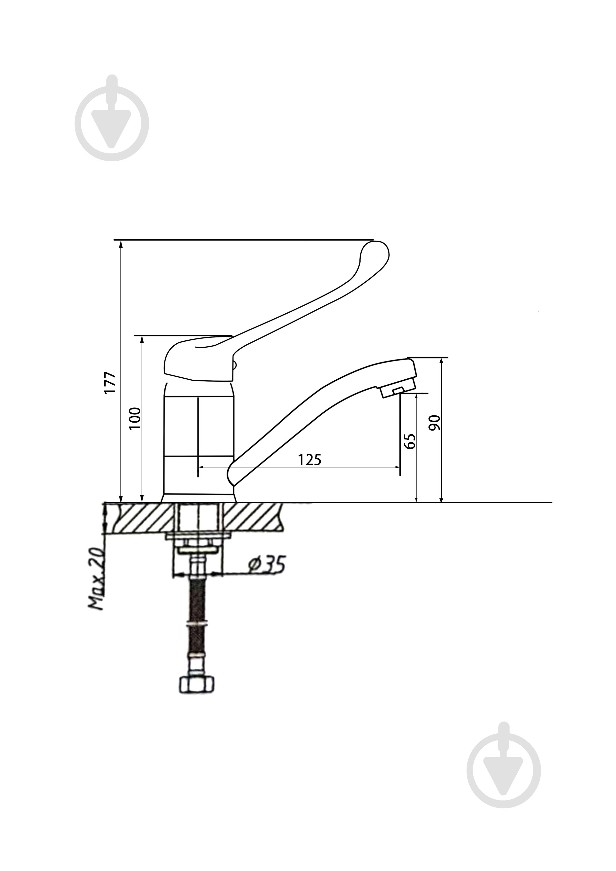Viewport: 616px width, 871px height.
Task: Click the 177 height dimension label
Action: point(111,383)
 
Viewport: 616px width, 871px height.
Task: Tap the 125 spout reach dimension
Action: point(310,460)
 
